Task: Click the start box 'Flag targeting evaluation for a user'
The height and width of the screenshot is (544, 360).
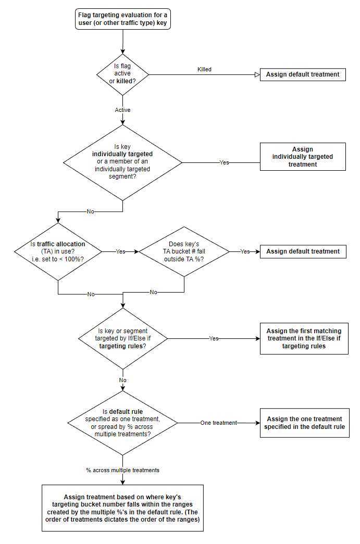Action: [122, 19]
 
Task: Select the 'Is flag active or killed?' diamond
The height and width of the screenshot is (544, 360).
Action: [122, 74]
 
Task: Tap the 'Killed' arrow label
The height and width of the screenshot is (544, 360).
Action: [204, 69]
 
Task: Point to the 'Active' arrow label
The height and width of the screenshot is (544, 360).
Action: [122, 110]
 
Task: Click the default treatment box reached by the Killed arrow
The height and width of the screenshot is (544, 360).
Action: [303, 74]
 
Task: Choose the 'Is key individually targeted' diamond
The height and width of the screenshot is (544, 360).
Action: [122, 162]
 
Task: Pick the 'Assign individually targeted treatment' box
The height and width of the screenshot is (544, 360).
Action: [303, 157]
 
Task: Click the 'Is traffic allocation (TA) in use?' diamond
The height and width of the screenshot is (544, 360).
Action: [57, 251]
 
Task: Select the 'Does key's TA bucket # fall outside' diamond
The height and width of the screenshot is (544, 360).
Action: [184, 251]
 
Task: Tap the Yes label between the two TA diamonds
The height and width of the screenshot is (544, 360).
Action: [120, 251]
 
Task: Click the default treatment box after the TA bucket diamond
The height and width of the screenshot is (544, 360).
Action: [303, 251]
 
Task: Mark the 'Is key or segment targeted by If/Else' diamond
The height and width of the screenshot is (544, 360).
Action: [122, 338]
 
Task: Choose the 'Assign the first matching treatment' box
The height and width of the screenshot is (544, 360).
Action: [304, 338]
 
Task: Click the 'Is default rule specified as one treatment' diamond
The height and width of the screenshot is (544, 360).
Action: [122, 423]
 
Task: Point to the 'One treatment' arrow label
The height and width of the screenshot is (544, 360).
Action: [218, 423]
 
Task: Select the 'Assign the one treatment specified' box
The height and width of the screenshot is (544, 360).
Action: [304, 423]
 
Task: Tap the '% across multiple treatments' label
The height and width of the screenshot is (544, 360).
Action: [123, 470]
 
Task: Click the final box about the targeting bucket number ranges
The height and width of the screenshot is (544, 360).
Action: [122, 508]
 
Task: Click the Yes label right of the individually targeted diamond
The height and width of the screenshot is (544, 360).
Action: [224, 162]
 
